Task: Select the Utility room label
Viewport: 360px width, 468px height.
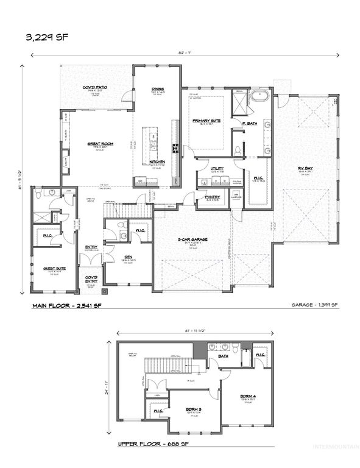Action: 217,168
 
